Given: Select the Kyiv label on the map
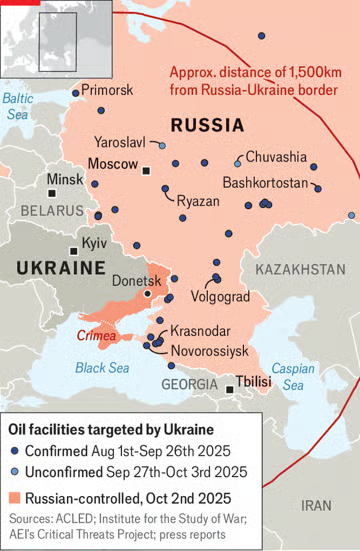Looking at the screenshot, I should [93, 243].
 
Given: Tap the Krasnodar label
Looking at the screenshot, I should [200, 331].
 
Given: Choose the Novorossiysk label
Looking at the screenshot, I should [210, 351].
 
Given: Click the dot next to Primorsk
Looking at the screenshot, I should [75, 93].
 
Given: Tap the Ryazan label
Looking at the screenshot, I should [198, 201].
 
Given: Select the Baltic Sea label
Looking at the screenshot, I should [18, 106].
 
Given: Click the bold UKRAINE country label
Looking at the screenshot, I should [60, 268].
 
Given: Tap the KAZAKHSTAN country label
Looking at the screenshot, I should [299, 270].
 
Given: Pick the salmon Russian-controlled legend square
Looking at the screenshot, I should [17, 497].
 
